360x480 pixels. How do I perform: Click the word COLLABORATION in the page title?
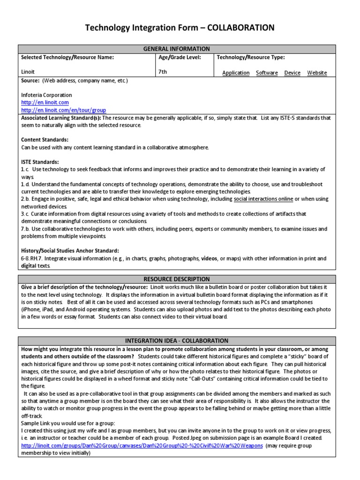[x=240, y=28]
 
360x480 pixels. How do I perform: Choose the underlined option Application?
[x=236, y=73]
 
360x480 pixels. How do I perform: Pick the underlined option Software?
[x=267, y=73]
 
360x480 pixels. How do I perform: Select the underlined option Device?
[x=292, y=73]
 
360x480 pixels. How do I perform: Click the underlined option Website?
[x=317, y=73]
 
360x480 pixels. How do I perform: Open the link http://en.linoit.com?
[x=45, y=102]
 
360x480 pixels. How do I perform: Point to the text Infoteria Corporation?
[x=46, y=95]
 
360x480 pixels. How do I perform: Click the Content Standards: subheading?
[x=45, y=140]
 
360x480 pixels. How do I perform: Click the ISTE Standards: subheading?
[x=40, y=162]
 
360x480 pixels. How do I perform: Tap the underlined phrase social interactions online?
[x=263, y=199]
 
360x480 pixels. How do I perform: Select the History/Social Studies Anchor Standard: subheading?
[x=70, y=251]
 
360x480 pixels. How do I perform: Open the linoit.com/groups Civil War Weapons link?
[x=142, y=446]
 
